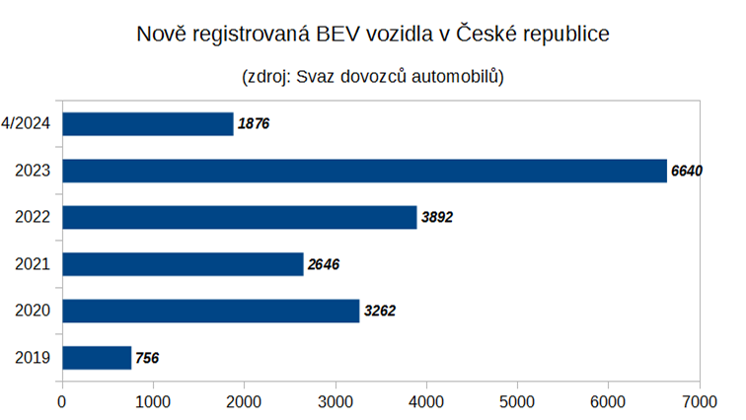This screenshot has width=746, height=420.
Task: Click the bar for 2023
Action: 364,171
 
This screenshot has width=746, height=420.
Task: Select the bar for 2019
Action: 97,357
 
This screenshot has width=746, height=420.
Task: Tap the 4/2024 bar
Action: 148,123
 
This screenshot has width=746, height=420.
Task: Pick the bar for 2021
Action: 183,264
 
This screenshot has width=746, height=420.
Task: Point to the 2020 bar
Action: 210,311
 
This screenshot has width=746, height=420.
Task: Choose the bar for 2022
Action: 240,217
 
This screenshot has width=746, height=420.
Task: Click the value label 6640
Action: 687,171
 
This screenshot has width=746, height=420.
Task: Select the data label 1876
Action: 254,124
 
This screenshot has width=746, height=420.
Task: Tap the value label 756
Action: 146,358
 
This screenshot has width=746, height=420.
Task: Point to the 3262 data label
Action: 379,312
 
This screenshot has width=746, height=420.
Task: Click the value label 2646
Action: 323,264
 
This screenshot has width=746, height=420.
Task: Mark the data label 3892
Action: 436,218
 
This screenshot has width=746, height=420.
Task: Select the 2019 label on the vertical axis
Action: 34,358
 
